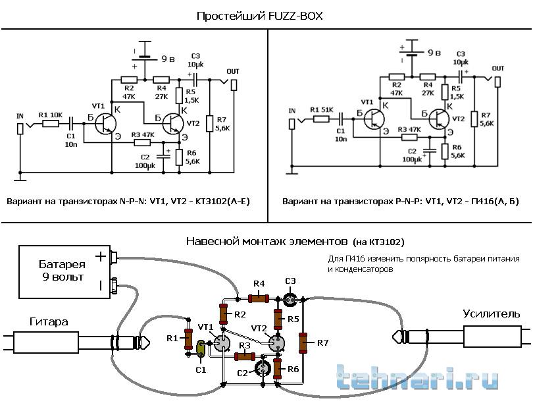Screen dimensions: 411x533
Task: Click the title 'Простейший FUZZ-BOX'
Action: (x=260, y=14)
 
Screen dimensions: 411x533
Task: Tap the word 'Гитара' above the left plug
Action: (x=49, y=321)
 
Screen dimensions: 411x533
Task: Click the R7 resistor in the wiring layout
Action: (x=303, y=342)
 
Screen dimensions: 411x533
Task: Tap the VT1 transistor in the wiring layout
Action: (x=221, y=343)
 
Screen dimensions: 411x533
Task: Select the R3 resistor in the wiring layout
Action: (x=245, y=356)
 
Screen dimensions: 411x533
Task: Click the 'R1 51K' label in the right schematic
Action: (x=322, y=109)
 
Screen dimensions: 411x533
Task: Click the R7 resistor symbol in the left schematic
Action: (x=209, y=124)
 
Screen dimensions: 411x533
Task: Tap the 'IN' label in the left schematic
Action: (x=20, y=116)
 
